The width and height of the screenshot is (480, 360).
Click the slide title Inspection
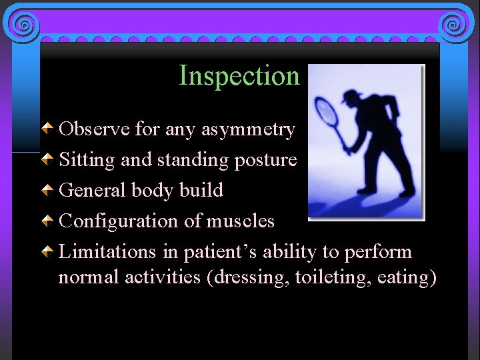(239, 76)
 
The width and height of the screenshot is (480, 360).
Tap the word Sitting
(84, 160)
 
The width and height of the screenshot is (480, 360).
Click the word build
(201, 191)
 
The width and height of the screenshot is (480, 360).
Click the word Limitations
(107, 252)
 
